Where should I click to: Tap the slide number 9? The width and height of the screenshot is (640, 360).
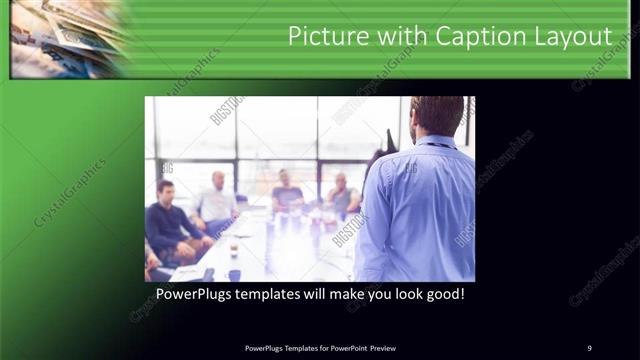coord(589,347)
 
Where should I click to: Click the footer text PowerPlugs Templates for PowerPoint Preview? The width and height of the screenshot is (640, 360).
coord(320,347)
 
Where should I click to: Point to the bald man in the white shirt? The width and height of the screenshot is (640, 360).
coord(217,201)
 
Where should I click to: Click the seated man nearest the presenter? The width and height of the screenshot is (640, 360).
coord(342,196)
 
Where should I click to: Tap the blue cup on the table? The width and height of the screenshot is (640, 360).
coord(233,274)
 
